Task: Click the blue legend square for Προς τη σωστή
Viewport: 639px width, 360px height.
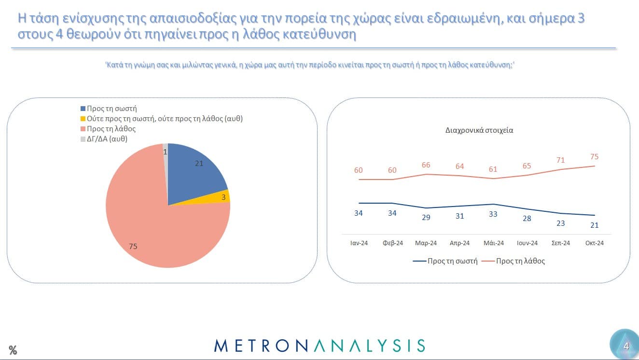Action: point(83,109)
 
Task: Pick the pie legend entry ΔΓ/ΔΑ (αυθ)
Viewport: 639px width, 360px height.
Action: point(107,139)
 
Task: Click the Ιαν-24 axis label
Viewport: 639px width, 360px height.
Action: point(359,243)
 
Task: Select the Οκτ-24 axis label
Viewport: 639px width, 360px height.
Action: point(595,243)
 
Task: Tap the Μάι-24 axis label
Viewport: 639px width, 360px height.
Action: point(493,243)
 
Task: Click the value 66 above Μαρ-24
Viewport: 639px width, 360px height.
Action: point(426,165)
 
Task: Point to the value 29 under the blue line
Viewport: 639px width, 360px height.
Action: point(426,217)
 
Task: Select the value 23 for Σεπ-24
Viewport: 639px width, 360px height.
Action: point(560,223)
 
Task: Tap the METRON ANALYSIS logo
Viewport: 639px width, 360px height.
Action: point(319,345)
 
